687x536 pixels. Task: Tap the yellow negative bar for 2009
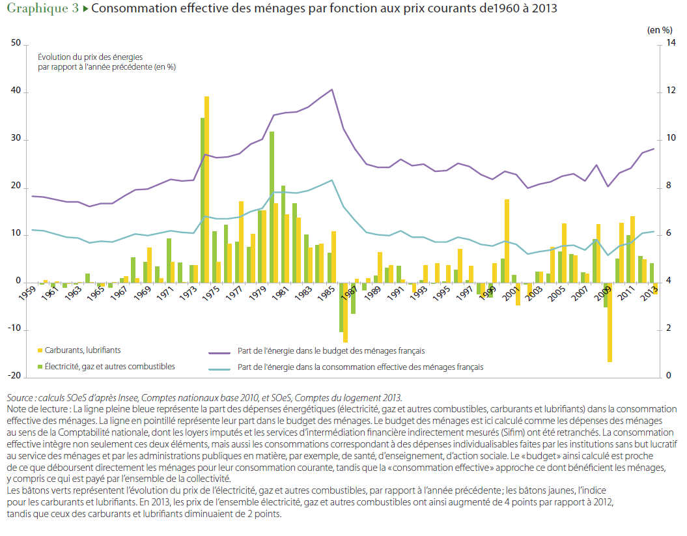(611, 322)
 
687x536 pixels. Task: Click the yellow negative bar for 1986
(346, 312)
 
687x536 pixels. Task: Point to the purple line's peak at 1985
(332, 89)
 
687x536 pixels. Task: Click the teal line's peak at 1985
(332, 180)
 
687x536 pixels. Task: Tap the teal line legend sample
(221, 367)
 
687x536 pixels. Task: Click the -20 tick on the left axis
(15, 376)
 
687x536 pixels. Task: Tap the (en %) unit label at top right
(658, 29)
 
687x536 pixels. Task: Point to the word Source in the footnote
(21, 397)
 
